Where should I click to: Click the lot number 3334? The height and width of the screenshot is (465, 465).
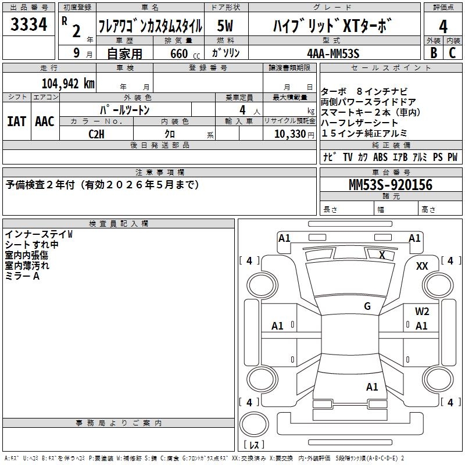28,24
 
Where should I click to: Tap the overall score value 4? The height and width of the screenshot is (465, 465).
443,27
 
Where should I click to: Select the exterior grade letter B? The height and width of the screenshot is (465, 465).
434,53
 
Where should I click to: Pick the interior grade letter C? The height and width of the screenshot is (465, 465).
452,53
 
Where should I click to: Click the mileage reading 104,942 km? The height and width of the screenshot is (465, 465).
68,84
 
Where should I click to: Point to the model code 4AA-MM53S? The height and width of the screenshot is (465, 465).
333,53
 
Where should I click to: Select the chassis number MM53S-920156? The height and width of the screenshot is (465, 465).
390,185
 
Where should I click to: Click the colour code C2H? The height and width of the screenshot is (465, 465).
96,134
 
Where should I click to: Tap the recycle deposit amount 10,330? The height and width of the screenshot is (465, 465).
289,134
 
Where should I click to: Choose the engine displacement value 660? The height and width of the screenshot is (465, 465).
179,53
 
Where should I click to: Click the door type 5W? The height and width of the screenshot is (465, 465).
225,26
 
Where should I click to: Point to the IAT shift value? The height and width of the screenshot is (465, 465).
16,121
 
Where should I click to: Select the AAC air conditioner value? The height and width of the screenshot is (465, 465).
45,121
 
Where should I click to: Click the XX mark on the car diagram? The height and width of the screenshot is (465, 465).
422,266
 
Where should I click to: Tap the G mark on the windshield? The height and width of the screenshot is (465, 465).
367,306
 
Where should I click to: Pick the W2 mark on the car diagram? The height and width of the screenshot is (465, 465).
422,312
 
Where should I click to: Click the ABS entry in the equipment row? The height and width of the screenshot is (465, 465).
380,157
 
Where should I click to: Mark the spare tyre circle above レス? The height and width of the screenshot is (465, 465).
254,424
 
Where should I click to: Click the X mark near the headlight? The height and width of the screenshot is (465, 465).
382,255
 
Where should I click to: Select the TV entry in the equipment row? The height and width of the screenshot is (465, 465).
348,157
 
